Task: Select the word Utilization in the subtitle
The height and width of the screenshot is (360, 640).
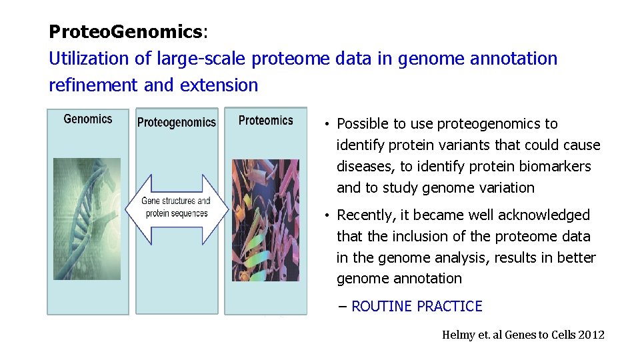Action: (x=90, y=59)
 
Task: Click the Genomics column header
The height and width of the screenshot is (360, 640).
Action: (x=87, y=119)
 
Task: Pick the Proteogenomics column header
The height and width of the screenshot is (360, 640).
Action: (x=177, y=122)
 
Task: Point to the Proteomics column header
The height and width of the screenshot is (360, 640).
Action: (x=265, y=121)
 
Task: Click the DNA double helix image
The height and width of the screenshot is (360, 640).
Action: (x=87, y=219)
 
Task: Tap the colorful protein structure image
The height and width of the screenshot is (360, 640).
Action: (x=265, y=220)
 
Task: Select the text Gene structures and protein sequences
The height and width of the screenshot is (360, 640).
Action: (x=176, y=207)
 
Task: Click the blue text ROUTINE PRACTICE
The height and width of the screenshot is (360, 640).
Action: (x=416, y=307)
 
